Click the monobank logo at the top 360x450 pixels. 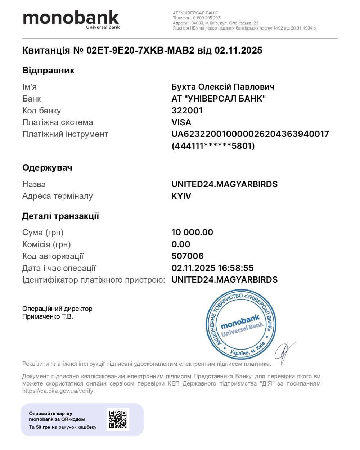(71, 19)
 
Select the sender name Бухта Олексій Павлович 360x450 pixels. (223, 87)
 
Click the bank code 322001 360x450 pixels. (187, 111)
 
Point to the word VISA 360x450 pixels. (181, 122)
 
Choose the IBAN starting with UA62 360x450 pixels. (250, 134)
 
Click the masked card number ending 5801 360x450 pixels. (213, 146)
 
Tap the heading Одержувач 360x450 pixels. (47, 168)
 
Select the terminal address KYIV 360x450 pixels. (181, 196)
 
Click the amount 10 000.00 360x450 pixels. (192, 233)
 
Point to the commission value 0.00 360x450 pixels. (181, 244)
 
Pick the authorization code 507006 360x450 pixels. (188, 256)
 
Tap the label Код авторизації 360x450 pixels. (53, 256)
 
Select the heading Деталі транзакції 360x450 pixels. (60, 216)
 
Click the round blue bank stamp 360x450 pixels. (241, 324)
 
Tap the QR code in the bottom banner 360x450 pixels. (118, 419)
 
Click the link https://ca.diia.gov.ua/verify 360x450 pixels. (58, 391)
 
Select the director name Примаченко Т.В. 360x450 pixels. (48, 317)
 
